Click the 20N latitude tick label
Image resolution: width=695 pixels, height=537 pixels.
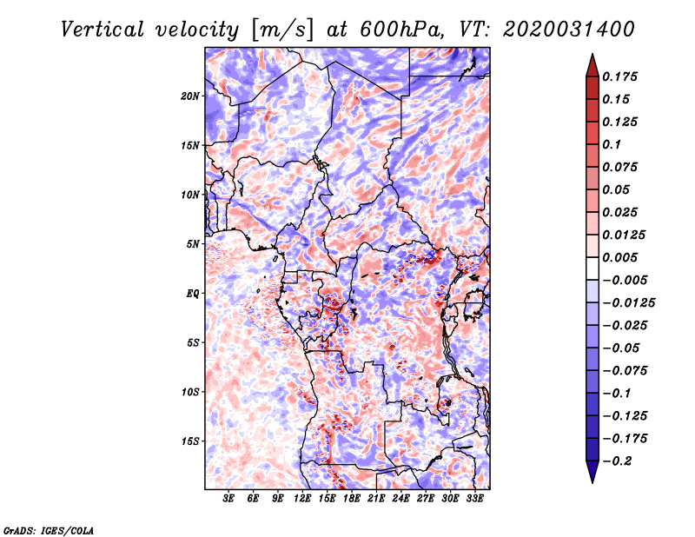(x=190, y=96)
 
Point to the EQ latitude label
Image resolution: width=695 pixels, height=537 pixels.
(x=193, y=294)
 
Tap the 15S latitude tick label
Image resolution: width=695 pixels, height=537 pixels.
(x=190, y=441)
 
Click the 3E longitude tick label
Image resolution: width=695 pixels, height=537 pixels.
(x=228, y=499)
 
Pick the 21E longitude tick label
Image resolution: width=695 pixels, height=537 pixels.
(x=376, y=499)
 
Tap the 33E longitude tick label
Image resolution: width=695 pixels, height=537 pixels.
(x=474, y=499)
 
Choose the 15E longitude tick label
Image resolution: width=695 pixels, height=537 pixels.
(x=327, y=499)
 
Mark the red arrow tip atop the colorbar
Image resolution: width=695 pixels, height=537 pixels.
(x=592, y=57)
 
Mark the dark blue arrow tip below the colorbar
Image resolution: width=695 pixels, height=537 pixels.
(x=592, y=479)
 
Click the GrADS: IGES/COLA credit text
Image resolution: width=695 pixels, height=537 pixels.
(x=48, y=529)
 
